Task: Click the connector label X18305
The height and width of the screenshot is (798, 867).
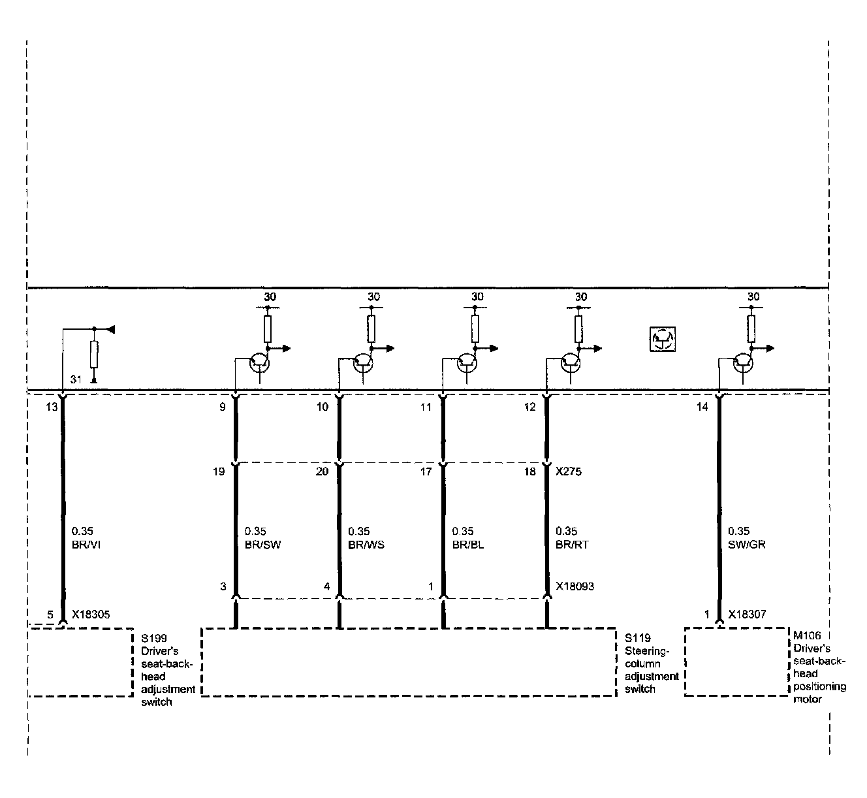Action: (x=91, y=614)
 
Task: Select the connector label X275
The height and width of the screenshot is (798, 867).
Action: (x=569, y=471)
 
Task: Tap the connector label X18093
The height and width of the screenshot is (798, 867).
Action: (x=575, y=586)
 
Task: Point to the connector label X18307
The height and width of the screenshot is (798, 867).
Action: (x=748, y=614)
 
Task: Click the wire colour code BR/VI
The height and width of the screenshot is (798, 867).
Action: (x=84, y=544)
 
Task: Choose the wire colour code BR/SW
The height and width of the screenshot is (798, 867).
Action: (x=262, y=544)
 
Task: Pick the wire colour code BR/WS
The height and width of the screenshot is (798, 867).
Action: (x=366, y=544)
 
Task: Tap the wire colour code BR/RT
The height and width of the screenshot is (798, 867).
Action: (x=573, y=544)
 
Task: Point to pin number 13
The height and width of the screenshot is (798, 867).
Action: (x=52, y=407)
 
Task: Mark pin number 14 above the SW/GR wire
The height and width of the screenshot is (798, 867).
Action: (x=702, y=407)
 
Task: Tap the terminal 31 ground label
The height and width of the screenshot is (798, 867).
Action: (x=76, y=379)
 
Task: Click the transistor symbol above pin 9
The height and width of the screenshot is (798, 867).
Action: (x=260, y=362)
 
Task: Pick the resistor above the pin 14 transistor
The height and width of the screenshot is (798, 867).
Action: (x=752, y=328)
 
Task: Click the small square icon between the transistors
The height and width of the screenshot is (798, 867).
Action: (x=663, y=339)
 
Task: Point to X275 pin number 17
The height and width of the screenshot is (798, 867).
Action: (x=426, y=471)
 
